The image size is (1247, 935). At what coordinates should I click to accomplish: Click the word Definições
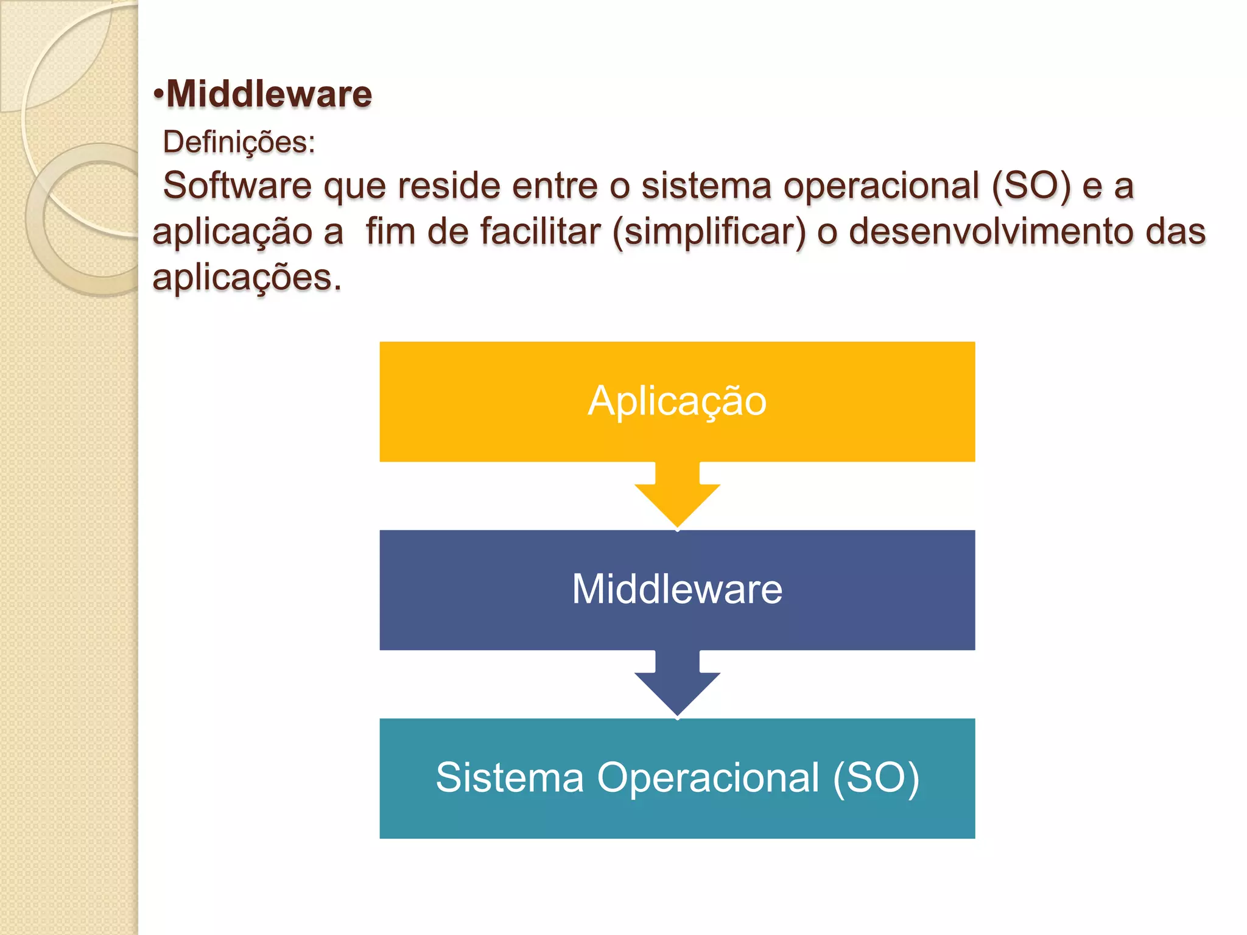point(238,142)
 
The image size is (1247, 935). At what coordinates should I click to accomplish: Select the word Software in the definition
point(237,185)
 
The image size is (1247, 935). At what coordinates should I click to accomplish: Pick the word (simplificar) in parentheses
point(709,232)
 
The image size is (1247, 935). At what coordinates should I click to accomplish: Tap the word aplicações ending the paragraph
point(247,278)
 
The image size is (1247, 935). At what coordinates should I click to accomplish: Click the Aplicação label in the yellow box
point(677,401)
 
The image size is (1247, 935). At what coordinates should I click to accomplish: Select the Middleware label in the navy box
point(677,589)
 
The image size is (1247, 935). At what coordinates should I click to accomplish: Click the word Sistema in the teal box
point(510,778)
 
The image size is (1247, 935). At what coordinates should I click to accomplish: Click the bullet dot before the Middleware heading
point(158,96)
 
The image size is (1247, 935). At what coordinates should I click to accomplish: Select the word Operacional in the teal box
point(708,778)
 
